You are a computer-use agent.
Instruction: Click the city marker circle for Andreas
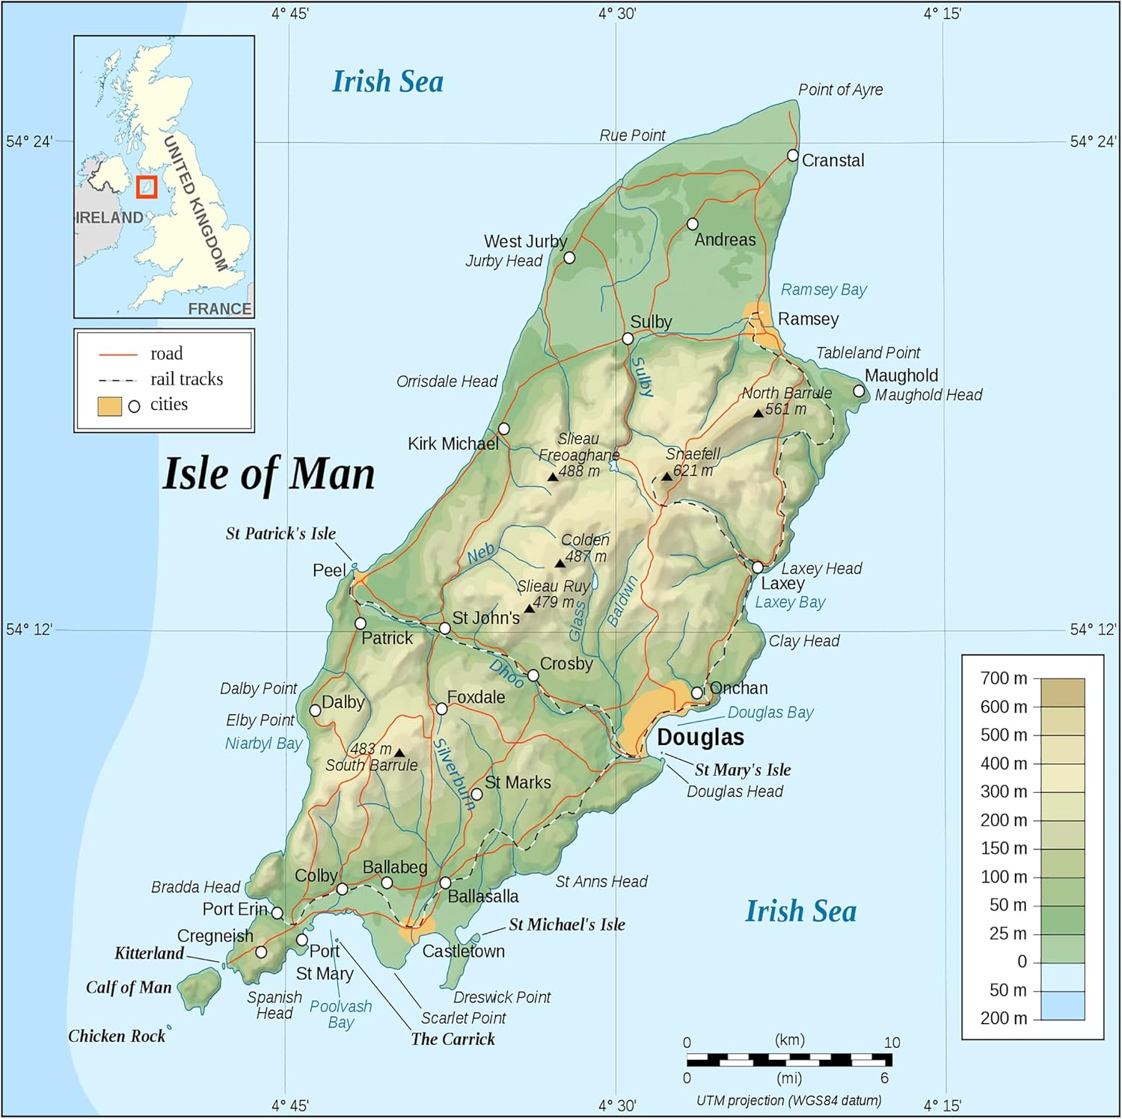[693, 224]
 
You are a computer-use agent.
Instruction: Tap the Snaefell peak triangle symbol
[666, 476]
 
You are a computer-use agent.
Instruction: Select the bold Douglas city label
[700, 738]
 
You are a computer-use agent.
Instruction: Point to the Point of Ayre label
[840, 90]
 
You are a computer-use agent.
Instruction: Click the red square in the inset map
[147, 187]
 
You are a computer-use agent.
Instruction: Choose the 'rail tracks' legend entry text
[186, 379]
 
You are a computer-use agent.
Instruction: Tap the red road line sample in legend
[118, 354]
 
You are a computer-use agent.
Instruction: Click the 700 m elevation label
[1004, 678]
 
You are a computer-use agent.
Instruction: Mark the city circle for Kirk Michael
[504, 429]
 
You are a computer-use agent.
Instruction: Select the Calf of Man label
[129, 987]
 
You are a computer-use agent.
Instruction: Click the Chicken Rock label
[117, 1036]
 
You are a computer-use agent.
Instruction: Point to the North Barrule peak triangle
[758, 413]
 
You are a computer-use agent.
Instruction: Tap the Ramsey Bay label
[824, 289]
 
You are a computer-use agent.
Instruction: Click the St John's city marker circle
[444, 628]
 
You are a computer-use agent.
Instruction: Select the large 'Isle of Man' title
[269, 474]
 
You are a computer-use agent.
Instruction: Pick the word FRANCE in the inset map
[219, 309]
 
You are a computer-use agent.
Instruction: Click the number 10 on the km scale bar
[892, 1043]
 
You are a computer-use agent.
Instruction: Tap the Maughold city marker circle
[859, 391]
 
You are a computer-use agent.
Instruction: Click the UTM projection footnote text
[788, 1100]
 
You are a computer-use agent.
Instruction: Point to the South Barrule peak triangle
[399, 753]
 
